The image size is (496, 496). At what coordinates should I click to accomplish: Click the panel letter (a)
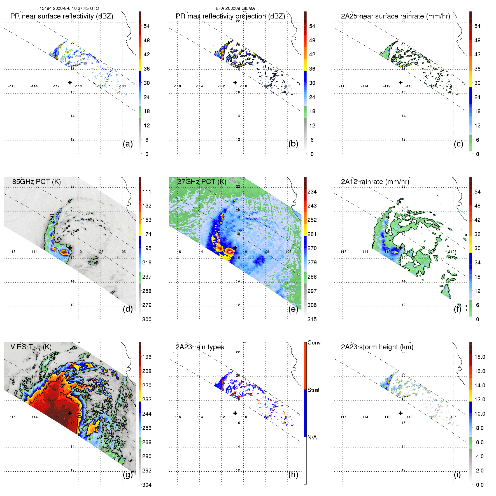pos(128,144)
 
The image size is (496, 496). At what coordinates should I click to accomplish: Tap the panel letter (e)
pos(293,309)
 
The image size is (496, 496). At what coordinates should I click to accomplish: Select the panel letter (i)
pos(457,474)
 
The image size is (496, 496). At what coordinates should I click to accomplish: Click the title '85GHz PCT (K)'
pos(36,181)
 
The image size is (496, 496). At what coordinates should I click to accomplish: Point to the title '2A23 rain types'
pos(200,347)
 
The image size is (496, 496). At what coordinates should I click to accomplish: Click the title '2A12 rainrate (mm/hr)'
pos(375,181)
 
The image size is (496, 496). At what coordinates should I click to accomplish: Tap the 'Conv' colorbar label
pos(314,343)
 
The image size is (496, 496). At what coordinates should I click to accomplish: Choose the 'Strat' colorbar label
pos(313,390)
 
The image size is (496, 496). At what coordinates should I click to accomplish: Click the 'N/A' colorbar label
pos(312,437)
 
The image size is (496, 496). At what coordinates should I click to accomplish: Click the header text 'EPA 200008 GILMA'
pos(235,8)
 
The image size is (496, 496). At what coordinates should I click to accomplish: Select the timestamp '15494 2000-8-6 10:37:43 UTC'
pos(69,8)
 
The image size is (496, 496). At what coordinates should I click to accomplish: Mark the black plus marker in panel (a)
pos(70,82)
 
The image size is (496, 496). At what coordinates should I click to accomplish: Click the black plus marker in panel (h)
pos(235,413)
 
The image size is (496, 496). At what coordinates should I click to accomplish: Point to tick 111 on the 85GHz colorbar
pos(147,192)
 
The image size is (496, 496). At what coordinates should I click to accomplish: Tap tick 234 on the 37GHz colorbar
pos(312,192)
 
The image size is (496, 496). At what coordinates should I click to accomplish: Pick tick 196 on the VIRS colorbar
pos(147,357)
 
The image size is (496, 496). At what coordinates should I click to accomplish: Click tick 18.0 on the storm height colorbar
pos(479,357)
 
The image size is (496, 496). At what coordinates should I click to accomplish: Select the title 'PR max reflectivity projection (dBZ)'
pos(230,16)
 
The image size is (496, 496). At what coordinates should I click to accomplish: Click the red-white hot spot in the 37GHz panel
pos(230,252)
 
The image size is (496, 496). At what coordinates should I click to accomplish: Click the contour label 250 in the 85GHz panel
pos(52,218)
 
